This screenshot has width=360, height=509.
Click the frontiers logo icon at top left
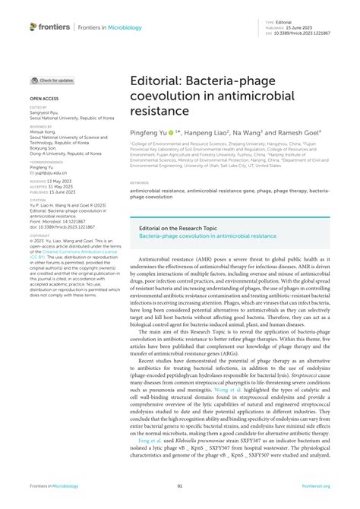[x=34, y=27]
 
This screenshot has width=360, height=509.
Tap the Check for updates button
[x=52, y=80]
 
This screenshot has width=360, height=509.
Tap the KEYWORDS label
[x=139, y=183]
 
